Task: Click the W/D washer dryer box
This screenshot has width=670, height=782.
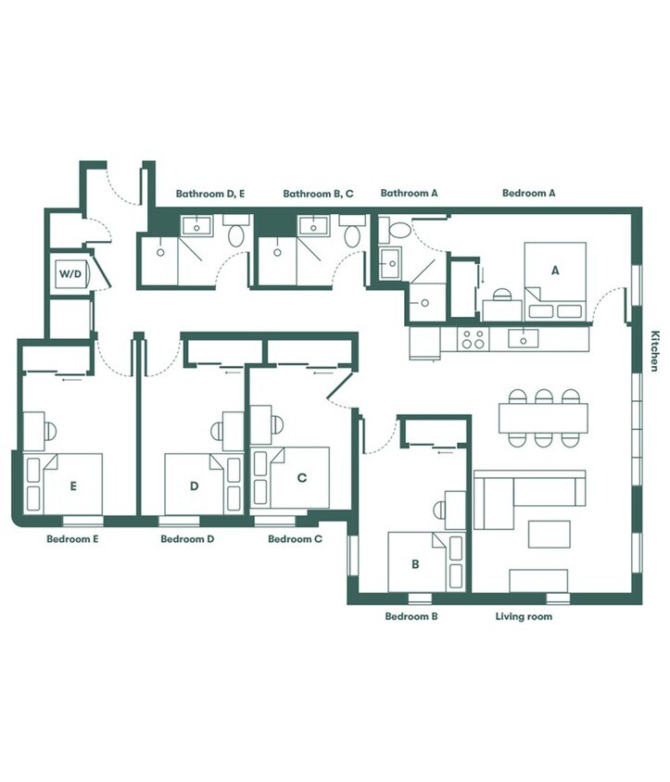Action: pos(70,274)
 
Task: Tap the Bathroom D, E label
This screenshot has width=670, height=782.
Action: pos(210,194)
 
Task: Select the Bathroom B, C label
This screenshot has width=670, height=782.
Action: pos(318,194)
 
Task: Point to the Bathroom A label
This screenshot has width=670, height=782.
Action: pos(409,193)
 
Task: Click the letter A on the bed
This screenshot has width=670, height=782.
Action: pos(555,271)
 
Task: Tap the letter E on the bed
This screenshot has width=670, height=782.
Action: pos(73,486)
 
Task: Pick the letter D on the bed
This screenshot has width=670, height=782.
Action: pos(195,486)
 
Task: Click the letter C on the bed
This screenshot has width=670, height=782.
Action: pos(302,478)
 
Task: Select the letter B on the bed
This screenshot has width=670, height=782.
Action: pos(415,564)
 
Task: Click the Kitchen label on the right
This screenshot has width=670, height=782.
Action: pos(654,350)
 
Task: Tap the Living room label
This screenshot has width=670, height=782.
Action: pos(524,616)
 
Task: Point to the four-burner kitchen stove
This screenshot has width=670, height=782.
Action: pos(473,338)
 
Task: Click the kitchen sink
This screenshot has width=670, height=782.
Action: pos(524,338)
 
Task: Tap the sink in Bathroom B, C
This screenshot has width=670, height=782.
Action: pos(313,226)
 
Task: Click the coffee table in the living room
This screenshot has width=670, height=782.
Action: pos(550,535)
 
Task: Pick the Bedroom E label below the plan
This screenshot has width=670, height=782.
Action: pos(72,539)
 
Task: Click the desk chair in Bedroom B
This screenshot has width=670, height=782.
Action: pos(439,511)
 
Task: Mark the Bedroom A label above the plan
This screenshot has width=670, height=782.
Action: pos(529,193)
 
